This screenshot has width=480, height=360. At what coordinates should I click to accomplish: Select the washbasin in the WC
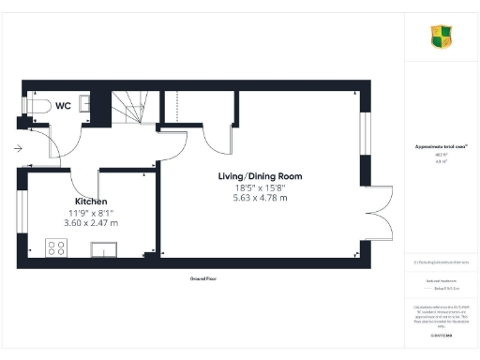point(83,102)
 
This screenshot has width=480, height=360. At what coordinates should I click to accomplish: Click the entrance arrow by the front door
point(18,147)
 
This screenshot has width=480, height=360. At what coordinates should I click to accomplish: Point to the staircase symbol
point(131,107)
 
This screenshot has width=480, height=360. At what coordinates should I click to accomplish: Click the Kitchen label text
point(91,202)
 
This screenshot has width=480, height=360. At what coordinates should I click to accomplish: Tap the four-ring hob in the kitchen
point(56,247)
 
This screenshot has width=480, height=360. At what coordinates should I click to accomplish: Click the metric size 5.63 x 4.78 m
point(261,200)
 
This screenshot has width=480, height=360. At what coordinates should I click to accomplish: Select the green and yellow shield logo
point(442,37)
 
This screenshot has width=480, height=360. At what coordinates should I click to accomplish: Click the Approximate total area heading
point(442,147)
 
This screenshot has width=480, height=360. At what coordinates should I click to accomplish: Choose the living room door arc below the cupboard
point(220,141)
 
